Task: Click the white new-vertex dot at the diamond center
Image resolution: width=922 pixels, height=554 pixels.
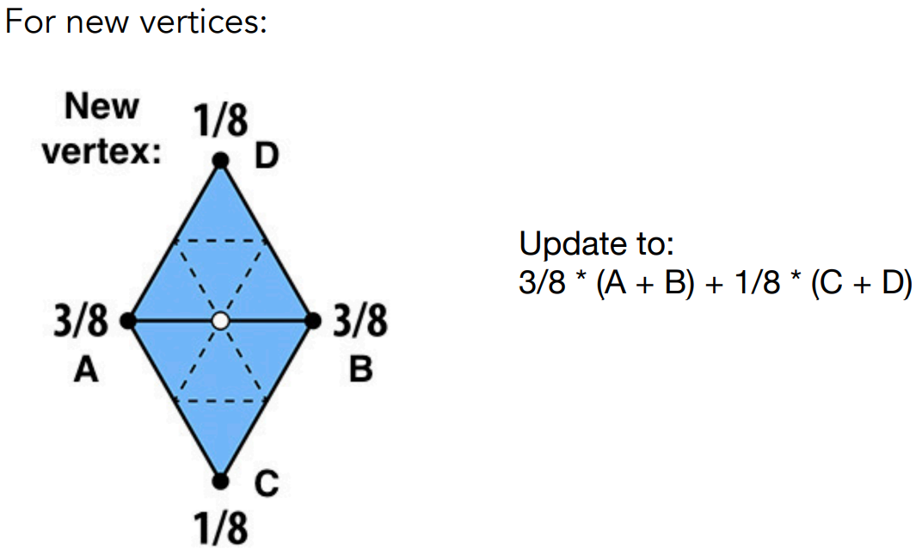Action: point(220,321)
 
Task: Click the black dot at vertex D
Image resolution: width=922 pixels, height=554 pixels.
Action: point(221,160)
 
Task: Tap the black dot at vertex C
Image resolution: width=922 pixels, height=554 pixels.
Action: point(221,480)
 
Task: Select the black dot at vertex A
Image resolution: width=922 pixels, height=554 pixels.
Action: point(128,321)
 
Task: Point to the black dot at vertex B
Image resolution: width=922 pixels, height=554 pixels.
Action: point(313,321)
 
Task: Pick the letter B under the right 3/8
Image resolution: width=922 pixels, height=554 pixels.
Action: point(361,371)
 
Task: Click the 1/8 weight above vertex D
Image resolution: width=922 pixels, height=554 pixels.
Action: point(220,121)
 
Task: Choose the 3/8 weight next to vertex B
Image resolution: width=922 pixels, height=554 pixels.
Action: point(360,323)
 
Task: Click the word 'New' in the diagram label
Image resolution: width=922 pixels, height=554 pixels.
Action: point(101,107)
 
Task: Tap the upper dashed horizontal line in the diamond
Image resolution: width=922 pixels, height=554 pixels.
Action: point(220,240)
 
